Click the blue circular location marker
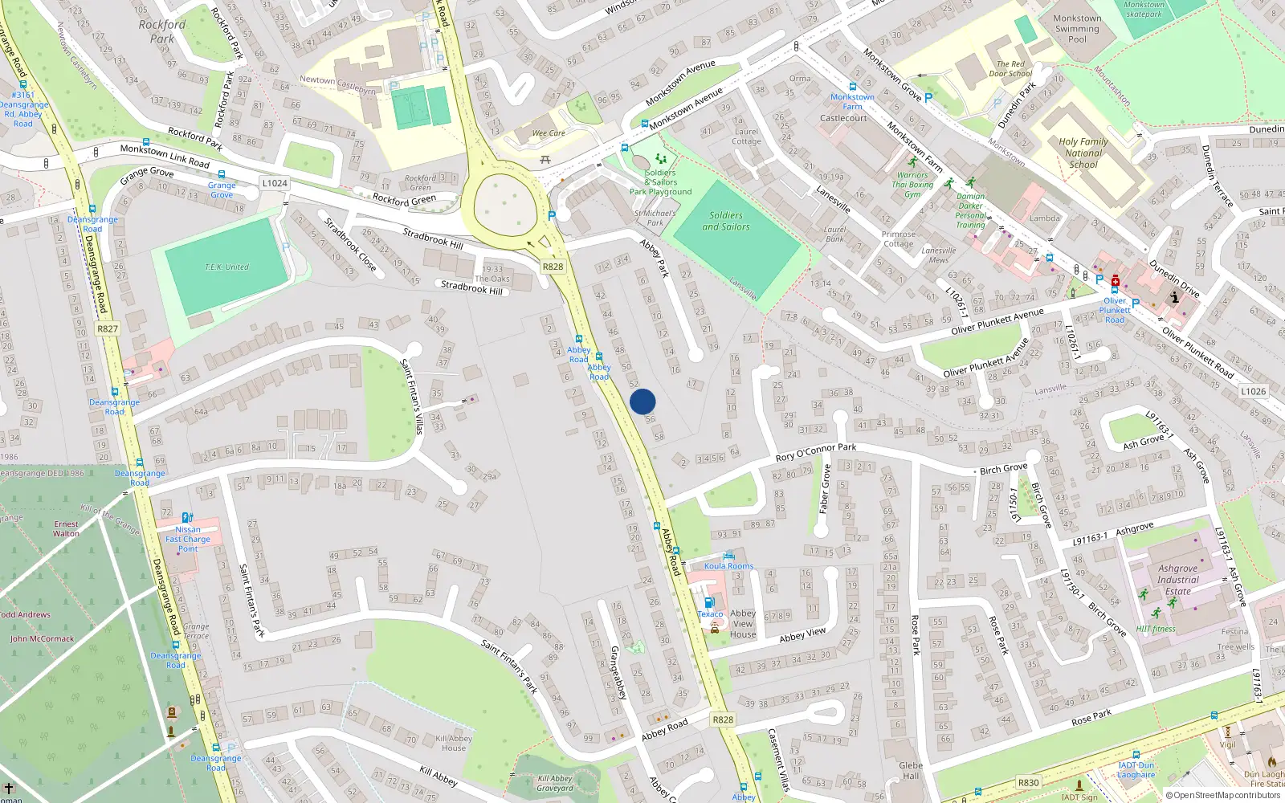tap(642, 401)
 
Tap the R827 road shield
tap(108, 328)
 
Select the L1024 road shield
tap(275, 183)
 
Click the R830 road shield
tap(1028, 782)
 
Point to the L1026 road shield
tap(1253, 392)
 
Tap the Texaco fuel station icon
tap(708, 602)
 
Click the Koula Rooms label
tap(728, 566)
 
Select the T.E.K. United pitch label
tap(226, 267)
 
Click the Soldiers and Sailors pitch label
tap(726, 221)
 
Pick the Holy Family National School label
tap(1083, 153)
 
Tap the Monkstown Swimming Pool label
tap(1077, 29)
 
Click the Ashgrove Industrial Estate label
tap(1178, 579)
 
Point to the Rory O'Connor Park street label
tap(815, 453)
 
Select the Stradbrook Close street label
tap(350, 244)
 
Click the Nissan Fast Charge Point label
tap(188, 539)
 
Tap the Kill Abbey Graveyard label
tap(555, 783)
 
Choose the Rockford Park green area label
tap(161, 31)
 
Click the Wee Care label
tap(549, 133)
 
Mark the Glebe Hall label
tap(911, 770)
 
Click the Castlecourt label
tap(843, 118)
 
